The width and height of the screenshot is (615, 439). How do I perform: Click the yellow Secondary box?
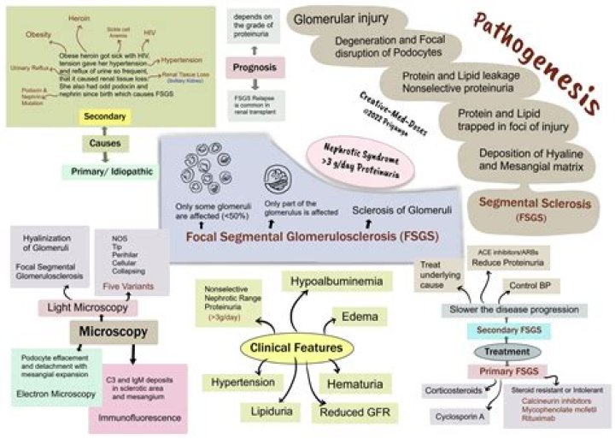tap(105, 116)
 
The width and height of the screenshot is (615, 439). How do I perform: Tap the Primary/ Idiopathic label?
tap(106, 171)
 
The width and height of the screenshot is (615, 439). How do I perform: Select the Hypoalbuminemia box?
tap(337, 280)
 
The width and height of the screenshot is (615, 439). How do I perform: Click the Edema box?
tap(360, 317)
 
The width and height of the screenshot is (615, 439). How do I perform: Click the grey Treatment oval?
tap(495, 351)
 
